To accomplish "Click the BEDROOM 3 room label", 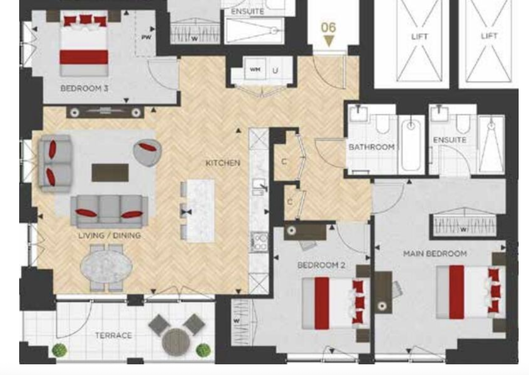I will pos(84,88).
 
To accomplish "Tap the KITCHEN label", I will pos(223,163).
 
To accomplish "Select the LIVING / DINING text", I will pos(109,235).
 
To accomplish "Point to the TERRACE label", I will pos(113,335).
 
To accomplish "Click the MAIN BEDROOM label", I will pos(435,253).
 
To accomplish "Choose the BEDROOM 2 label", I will pos(321,265).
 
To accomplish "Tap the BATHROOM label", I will pos(371,147).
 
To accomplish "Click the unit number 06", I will pos(328,28).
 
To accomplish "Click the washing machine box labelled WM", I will pos(255,69).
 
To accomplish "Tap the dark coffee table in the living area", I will pos(110,172).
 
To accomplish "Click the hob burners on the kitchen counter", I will pos(259,242).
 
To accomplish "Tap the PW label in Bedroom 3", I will pos(146,37).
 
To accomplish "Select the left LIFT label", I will pos(419,37).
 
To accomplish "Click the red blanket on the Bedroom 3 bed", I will pos(84,57).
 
